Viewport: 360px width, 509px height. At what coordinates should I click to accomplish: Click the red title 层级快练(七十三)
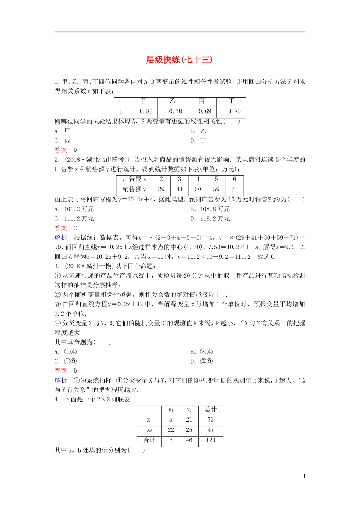pos(180,60)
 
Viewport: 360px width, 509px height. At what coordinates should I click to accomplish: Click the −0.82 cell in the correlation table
pos(143,112)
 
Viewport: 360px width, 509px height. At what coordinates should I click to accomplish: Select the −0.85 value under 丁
pos(231,112)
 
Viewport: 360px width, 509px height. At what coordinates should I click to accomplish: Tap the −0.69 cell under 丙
pos(202,112)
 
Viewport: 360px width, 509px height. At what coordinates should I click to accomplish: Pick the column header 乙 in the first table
pos(172,101)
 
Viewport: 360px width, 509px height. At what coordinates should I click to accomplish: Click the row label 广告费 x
pos(134,179)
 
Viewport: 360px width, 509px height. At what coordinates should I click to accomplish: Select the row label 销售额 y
pos(134,189)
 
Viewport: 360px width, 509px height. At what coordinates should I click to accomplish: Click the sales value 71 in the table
pos(234,189)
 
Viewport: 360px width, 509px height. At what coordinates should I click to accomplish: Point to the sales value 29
pos(161,189)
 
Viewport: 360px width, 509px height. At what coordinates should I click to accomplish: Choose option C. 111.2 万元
pos(74,219)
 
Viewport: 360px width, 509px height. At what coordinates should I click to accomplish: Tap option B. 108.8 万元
pos(210,209)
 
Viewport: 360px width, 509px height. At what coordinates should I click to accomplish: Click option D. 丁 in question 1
pos(198,141)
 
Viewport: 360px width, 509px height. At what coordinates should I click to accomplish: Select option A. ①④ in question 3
pos(66,352)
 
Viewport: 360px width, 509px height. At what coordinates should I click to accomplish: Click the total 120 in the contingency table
pos(211,440)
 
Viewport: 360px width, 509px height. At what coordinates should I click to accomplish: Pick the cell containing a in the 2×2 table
pos(171,420)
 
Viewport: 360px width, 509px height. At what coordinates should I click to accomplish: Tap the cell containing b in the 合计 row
pos(171,440)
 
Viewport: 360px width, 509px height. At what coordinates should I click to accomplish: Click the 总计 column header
pos(211,409)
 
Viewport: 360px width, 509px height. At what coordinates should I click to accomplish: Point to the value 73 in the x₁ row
pos(211,420)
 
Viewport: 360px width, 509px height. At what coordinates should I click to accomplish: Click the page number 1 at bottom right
pos(304,476)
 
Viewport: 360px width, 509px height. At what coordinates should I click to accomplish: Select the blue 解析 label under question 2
pos(61,237)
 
